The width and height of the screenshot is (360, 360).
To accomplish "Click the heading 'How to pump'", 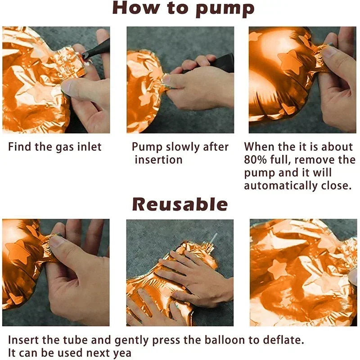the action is tap(183, 9).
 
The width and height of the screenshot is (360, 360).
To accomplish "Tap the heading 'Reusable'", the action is tap(180, 204).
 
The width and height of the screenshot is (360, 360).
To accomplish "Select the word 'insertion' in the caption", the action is tap(159, 160).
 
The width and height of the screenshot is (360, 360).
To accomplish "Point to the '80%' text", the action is tap(255, 160).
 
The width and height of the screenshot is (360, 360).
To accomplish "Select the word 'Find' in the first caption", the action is tap(19, 147).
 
